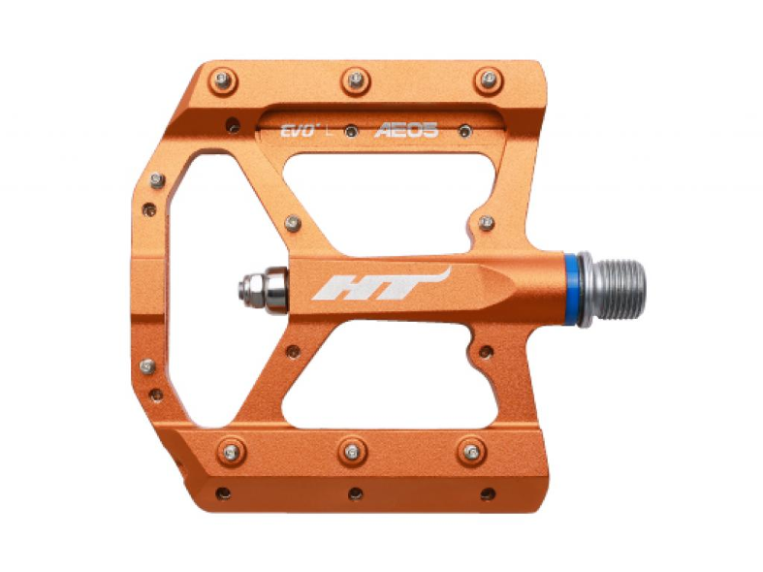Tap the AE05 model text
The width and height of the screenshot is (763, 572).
406,130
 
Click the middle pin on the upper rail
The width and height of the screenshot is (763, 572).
356,79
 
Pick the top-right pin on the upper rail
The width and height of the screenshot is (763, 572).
488,79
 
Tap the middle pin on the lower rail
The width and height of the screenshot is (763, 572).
352,451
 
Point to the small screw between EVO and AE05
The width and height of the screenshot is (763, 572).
350,131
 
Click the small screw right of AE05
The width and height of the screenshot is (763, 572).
465,131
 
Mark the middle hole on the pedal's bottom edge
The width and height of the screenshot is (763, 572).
356,493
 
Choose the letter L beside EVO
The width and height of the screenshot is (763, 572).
329,130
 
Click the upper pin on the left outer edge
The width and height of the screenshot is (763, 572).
156,181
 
